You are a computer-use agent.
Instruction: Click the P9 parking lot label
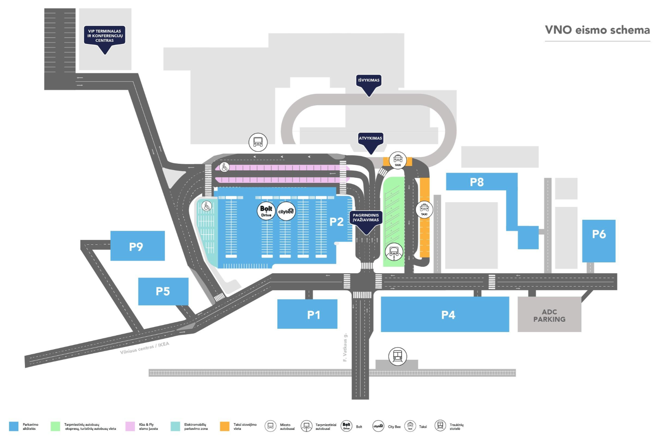point(136,247)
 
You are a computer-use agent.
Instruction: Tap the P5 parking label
point(163,291)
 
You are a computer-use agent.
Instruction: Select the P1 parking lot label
point(314,315)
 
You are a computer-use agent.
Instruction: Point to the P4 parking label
point(448,315)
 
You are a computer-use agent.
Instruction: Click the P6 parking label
point(599,234)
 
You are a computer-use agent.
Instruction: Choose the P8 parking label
point(477,182)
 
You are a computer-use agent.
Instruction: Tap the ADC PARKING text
point(549,316)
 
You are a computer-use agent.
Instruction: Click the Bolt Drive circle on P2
point(266,211)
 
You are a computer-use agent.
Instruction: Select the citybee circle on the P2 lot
point(286,211)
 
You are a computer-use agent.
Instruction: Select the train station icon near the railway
point(398,356)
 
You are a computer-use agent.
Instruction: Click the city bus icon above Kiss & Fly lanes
point(258,142)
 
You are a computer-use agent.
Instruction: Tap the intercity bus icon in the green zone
point(394,252)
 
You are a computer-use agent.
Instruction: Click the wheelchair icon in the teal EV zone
point(207,206)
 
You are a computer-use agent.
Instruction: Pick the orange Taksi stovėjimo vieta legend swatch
point(225,426)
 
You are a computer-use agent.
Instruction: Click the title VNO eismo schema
point(597,30)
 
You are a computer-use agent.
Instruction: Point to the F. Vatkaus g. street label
point(345,347)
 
